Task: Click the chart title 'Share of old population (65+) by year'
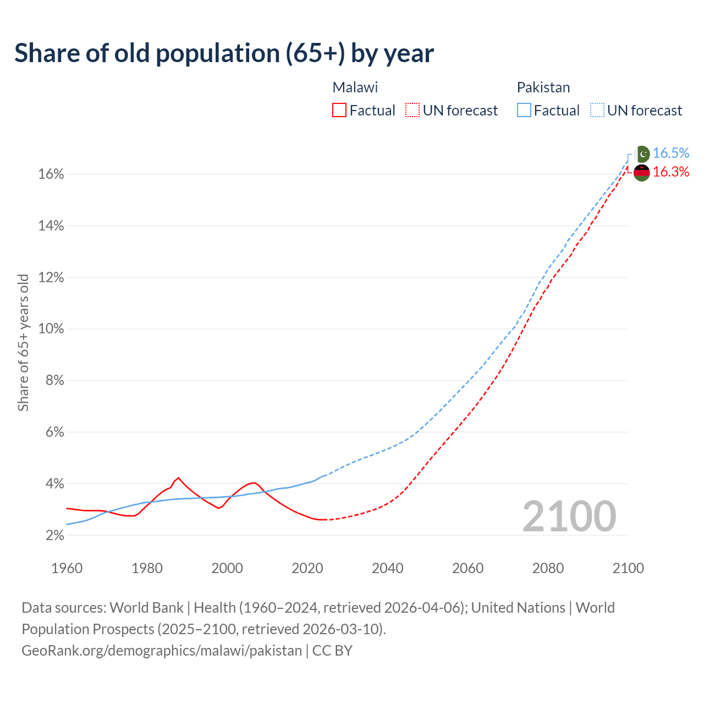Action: point(224,53)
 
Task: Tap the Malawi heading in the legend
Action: point(355,87)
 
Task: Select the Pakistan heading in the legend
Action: point(543,87)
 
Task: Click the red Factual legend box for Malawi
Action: point(339,111)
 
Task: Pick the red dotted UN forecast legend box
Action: point(413,111)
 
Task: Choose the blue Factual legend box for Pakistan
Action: point(524,111)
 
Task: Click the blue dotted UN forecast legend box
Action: point(597,111)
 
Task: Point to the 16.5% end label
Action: point(671,153)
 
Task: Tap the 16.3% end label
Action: point(671,172)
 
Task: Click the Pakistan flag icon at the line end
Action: point(642,153)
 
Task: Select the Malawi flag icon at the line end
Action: point(642,172)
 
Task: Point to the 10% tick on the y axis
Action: point(51,329)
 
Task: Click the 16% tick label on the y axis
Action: point(51,174)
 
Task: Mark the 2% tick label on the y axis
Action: point(54,535)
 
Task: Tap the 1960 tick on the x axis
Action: point(67,568)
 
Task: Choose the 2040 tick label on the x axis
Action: point(387,568)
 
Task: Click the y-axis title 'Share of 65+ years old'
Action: point(23,342)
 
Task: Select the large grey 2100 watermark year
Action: point(569,516)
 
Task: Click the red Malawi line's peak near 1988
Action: point(178,477)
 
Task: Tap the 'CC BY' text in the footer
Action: point(332,651)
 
